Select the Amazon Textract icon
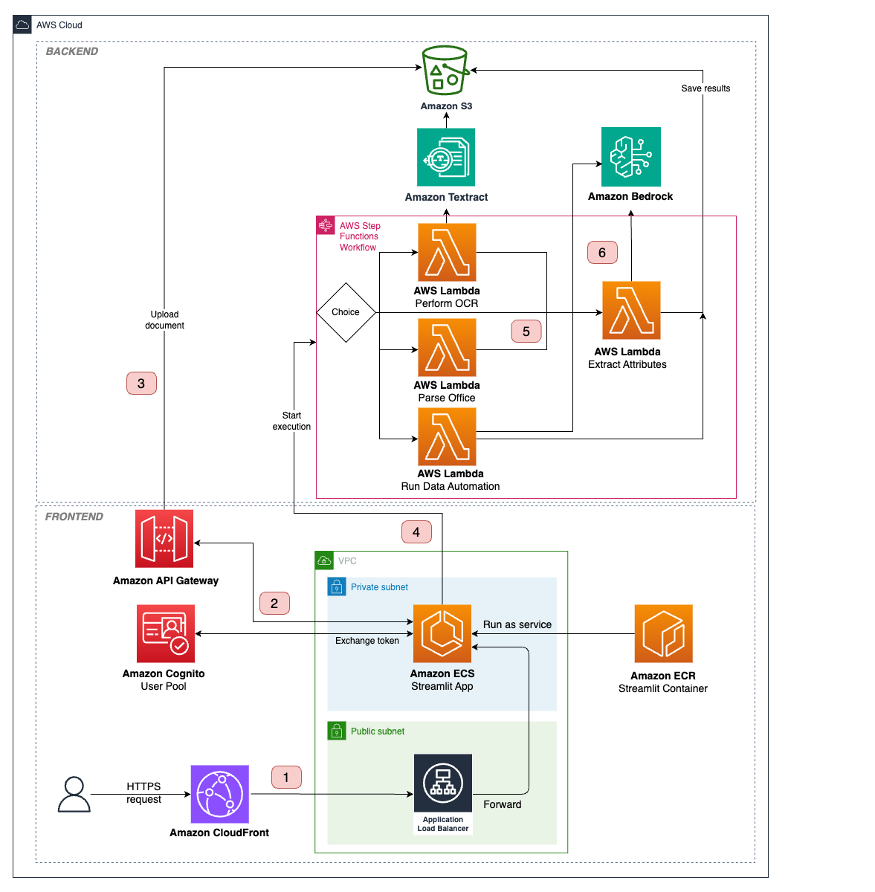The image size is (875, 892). pyautogui.click(x=446, y=157)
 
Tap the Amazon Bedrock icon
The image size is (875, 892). pyautogui.click(x=630, y=157)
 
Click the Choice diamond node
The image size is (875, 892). pyautogui.click(x=346, y=312)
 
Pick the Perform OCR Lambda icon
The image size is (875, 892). pyautogui.click(x=447, y=253)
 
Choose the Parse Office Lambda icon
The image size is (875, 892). pyautogui.click(x=447, y=347)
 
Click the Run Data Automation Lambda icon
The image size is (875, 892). pyautogui.click(x=447, y=436)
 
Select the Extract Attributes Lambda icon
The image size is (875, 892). pyautogui.click(x=631, y=310)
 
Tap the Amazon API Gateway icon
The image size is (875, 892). pyautogui.click(x=164, y=539)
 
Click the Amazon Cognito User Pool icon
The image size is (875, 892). pyautogui.click(x=166, y=633)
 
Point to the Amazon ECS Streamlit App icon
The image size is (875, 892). pyautogui.click(x=442, y=633)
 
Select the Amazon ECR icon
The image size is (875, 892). pyautogui.click(x=663, y=633)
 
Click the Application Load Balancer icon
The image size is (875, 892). pyautogui.click(x=443, y=784)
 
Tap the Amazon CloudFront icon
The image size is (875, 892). pyautogui.click(x=220, y=794)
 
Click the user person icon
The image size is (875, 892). pyautogui.click(x=74, y=794)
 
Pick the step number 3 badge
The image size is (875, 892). pyautogui.click(x=141, y=384)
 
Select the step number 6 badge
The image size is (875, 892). pyautogui.click(x=602, y=253)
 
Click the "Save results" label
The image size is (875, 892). pyautogui.click(x=706, y=88)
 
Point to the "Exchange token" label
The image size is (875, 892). pyautogui.click(x=367, y=641)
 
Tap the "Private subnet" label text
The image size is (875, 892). pyautogui.click(x=379, y=587)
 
